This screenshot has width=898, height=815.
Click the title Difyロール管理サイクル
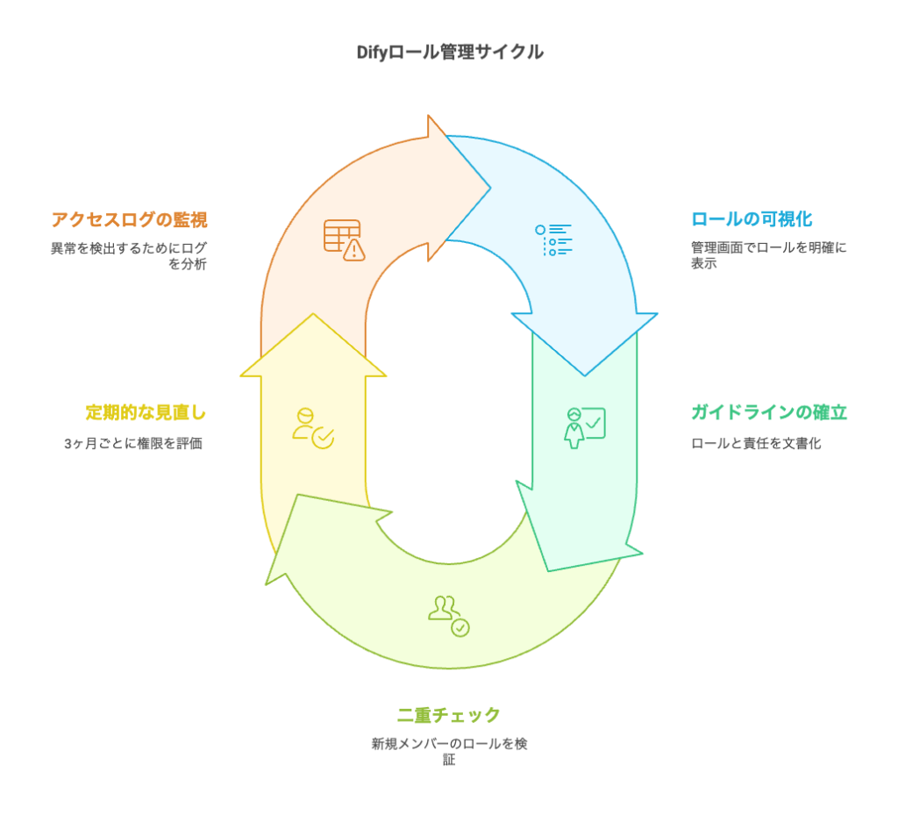coord(449,53)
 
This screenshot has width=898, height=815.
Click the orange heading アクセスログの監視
coord(129,219)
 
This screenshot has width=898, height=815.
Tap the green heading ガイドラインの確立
coord(769,412)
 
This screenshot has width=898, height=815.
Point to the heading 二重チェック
coord(448,714)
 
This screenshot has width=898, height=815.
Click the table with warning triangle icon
coord(344,239)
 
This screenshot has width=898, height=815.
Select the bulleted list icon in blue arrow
coord(553,239)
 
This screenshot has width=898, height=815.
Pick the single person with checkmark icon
coord(313,427)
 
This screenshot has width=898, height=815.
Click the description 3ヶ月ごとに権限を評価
coord(133,443)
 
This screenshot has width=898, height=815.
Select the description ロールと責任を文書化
coord(756,443)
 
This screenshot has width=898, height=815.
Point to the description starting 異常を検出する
coord(129,255)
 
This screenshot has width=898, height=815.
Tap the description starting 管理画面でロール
coord(768,255)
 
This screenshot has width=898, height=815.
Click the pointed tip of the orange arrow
coord(488,187)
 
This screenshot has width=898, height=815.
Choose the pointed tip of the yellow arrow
coord(313,314)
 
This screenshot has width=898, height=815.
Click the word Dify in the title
coord(372,53)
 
